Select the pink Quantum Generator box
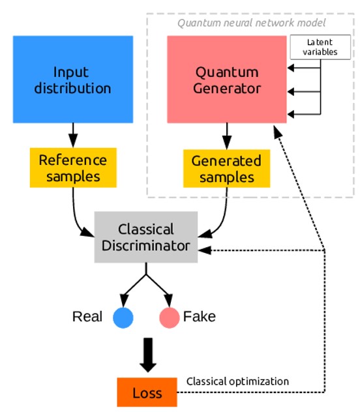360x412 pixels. point(226,79)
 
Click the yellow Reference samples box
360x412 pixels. point(73,168)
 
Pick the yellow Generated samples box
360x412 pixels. point(226,168)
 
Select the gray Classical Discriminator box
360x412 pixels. point(145,237)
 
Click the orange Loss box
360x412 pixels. point(147,394)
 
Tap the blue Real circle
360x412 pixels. point(123,317)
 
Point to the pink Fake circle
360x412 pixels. point(170,317)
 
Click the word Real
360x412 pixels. point(87,317)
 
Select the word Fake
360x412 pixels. point(200,317)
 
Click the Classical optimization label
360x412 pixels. point(237,381)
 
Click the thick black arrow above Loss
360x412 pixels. point(147,355)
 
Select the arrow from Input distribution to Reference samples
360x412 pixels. point(73,135)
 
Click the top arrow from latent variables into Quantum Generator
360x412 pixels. point(303,68)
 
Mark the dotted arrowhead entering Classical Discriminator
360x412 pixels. point(203,250)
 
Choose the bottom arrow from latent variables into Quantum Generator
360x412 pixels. point(303,113)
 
